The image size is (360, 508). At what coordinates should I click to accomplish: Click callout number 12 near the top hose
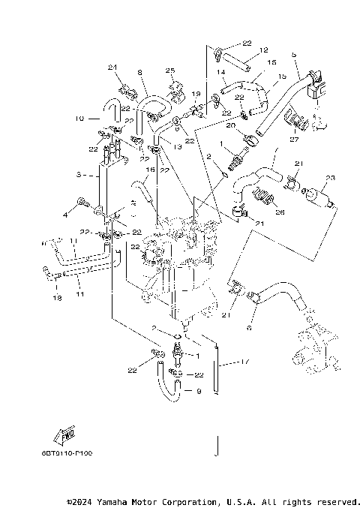(263, 51)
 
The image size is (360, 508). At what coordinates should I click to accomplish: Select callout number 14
(222, 73)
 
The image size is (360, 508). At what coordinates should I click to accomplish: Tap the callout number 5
(295, 54)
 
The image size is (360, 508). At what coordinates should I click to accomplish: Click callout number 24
(114, 68)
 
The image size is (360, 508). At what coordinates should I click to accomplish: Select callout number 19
(196, 94)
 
